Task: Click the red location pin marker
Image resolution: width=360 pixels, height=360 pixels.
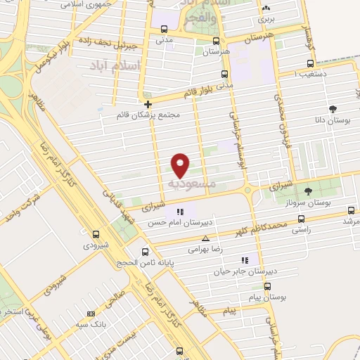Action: (181, 165)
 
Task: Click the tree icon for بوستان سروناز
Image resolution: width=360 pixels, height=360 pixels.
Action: (307, 191)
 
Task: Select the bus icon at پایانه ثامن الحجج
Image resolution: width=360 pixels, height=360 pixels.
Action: (146, 252)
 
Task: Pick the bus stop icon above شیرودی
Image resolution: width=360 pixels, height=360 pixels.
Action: (96, 234)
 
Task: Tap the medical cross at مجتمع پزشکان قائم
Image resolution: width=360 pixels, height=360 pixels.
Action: (147, 104)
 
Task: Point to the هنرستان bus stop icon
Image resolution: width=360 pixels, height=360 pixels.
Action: (216, 40)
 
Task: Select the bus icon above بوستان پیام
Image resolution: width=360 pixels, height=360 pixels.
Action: (267, 286)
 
